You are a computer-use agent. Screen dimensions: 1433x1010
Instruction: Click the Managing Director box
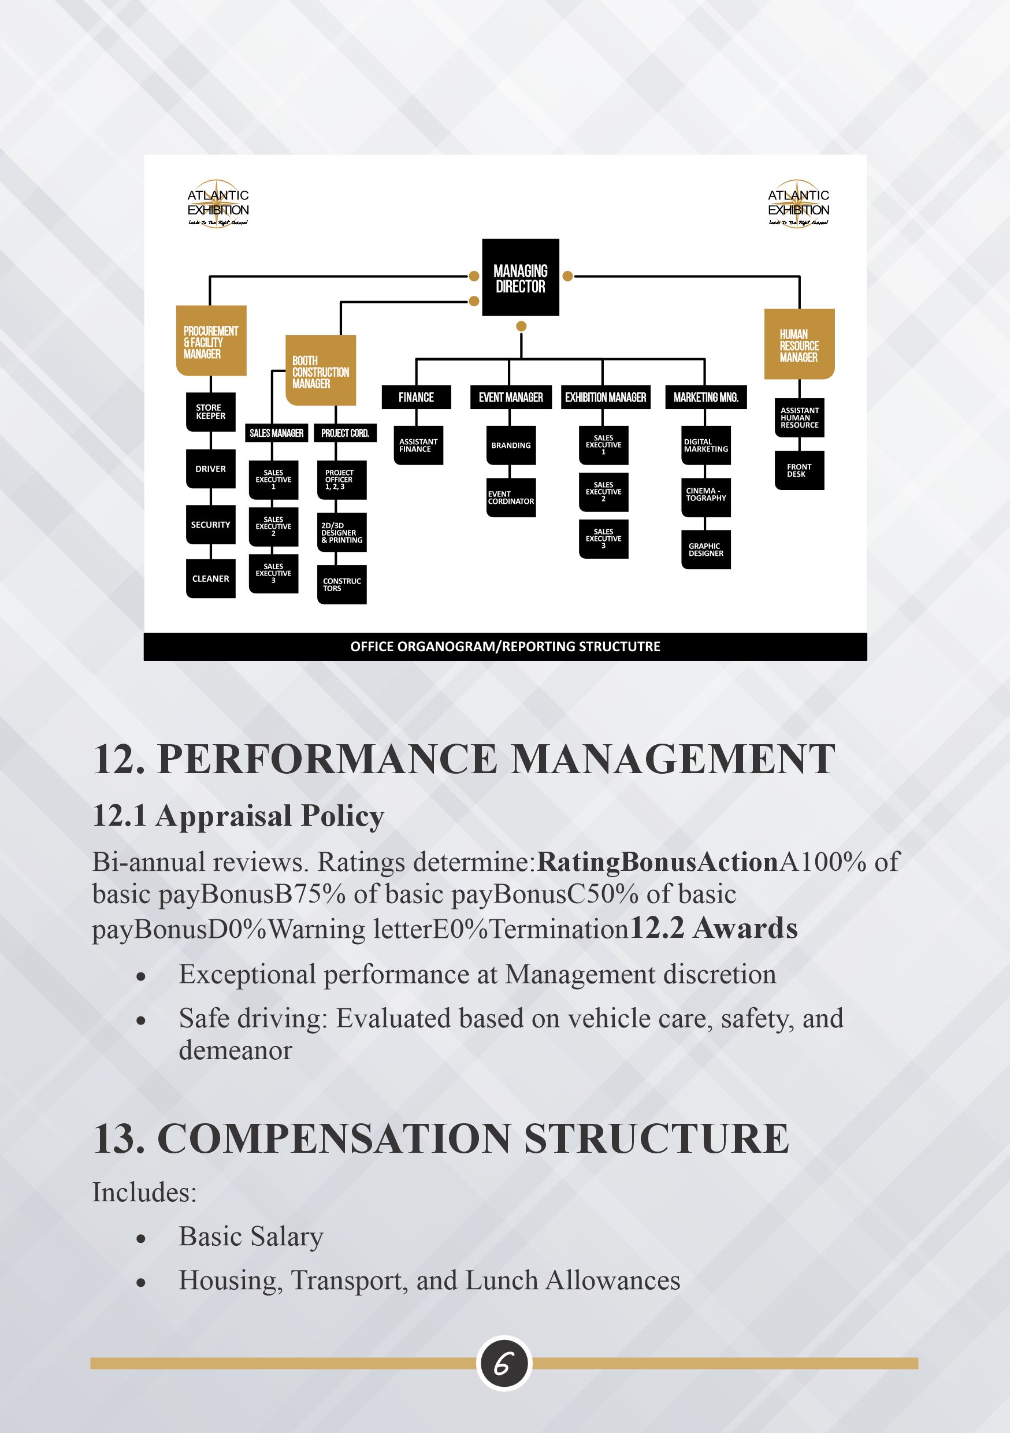click(x=520, y=278)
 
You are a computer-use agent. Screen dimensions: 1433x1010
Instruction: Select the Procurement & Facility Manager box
click(x=211, y=341)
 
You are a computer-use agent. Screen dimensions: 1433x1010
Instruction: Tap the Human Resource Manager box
click(x=799, y=344)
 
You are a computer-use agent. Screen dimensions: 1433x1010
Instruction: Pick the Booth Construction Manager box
click(x=321, y=371)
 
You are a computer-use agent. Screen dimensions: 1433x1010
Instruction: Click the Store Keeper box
click(x=210, y=411)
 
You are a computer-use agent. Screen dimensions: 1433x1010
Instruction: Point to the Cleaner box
click(x=210, y=578)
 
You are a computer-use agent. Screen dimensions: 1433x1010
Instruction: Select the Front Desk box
click(x=799, y=470)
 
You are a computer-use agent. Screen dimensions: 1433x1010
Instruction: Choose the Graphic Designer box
click(x=705, y=550)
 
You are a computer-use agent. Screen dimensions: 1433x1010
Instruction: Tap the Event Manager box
click(x=511, y=398)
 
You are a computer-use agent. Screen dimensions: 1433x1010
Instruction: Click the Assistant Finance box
click(x=418, y=445)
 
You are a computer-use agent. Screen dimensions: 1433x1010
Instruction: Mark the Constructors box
click(x=341, y=584)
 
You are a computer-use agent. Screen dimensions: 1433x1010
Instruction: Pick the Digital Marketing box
click(x=705, y=445)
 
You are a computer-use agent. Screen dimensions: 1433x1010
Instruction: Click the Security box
click(x=210, y=525)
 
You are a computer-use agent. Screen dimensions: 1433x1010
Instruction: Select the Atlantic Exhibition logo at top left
click(x=218, y=206)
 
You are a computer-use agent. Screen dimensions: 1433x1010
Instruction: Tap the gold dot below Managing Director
click(x=521, y=326)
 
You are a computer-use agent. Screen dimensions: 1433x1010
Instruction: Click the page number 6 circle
click(x=504, y=1364)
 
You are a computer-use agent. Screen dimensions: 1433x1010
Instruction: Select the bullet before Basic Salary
click(x=142, y=1239)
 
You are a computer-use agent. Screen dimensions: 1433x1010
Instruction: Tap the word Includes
click(x=144, y=1192)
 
